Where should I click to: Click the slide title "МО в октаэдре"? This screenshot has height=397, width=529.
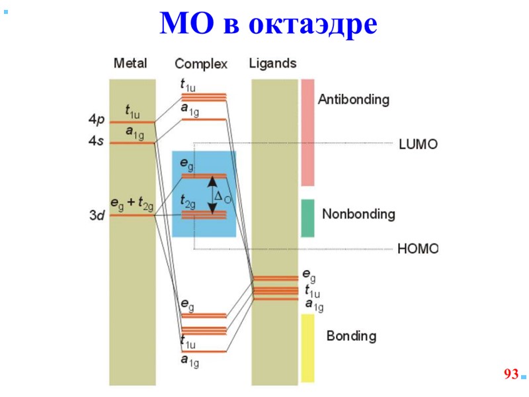tap(268, 24)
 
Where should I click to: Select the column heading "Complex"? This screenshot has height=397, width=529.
tap(201, 64)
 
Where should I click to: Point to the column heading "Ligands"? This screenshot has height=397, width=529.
tap(272, 64)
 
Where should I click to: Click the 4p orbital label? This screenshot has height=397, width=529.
tap(97, 120)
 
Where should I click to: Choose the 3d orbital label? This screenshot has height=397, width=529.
tap(97, 216)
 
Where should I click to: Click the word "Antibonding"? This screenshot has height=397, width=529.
tap(353, 100)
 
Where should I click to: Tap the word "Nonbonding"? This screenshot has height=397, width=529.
tap(358, 214)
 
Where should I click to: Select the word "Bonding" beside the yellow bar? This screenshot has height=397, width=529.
tap(351, 336)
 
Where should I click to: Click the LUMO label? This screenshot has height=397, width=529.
tap(418, 144)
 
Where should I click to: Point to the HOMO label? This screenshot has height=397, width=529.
tap(418, 249)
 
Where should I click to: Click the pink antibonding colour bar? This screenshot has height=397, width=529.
tap(307, 132)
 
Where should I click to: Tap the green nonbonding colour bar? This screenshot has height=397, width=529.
tap(307, 218)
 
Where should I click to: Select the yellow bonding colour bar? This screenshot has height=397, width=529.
tap(307, 347)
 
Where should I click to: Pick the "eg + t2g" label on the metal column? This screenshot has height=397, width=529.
tap(132, 206)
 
